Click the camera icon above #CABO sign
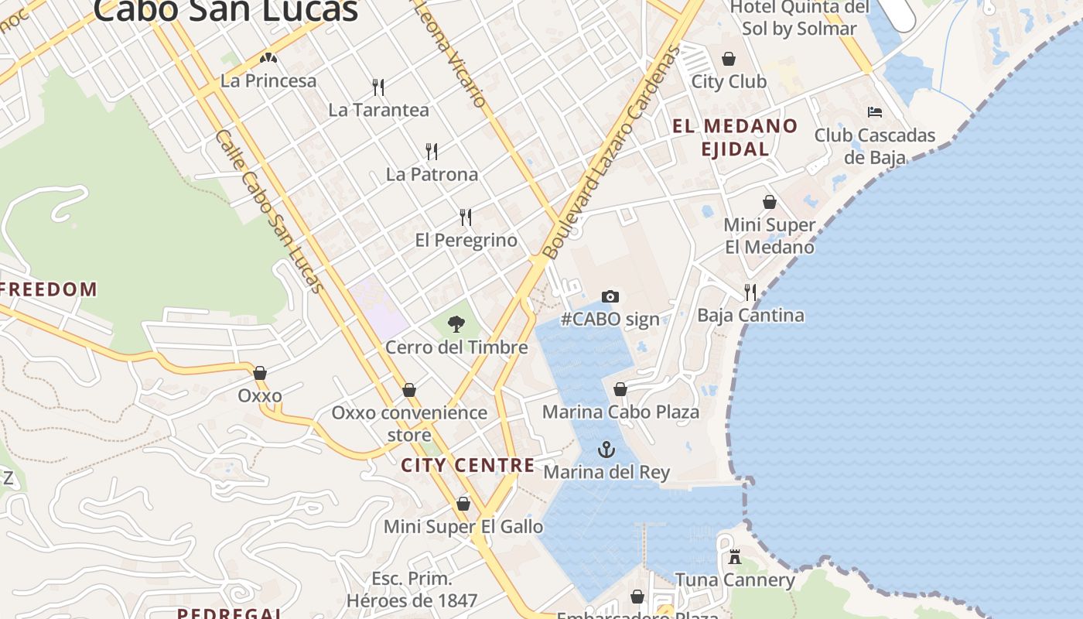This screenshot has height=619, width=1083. click(x=610, y=296)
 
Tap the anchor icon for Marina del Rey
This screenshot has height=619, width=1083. click(x=606, y=450)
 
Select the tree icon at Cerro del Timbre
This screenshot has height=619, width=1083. click(x=456, y=323)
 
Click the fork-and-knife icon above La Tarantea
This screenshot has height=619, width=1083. click(x=378, y=87)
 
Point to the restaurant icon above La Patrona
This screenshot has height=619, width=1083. click(x=432, y=151)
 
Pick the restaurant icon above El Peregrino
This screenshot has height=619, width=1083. click(x=466, y=217)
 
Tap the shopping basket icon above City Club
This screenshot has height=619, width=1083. click(x=729, y=59)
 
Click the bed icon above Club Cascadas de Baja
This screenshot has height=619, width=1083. click(x=875, y=112)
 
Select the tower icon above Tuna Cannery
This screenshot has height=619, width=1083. click(x=735, y=556)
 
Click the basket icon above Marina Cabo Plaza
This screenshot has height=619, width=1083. click(x=620, y=389)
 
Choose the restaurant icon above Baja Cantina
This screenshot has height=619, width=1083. click(x=750, y=292)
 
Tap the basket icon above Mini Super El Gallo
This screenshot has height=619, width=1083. click(x=463, y=504)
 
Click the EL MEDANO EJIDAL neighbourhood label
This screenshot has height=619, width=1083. click(x=734, y=137)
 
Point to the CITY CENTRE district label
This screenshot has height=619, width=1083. click(x=468, y=465)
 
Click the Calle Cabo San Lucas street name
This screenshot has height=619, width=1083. click(x=268, y=210)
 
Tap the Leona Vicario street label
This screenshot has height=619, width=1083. click(x=452, y=54)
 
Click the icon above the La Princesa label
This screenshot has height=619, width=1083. click(x=268, y=58)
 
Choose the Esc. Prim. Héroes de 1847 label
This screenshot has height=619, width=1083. click(x=412, y=589)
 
